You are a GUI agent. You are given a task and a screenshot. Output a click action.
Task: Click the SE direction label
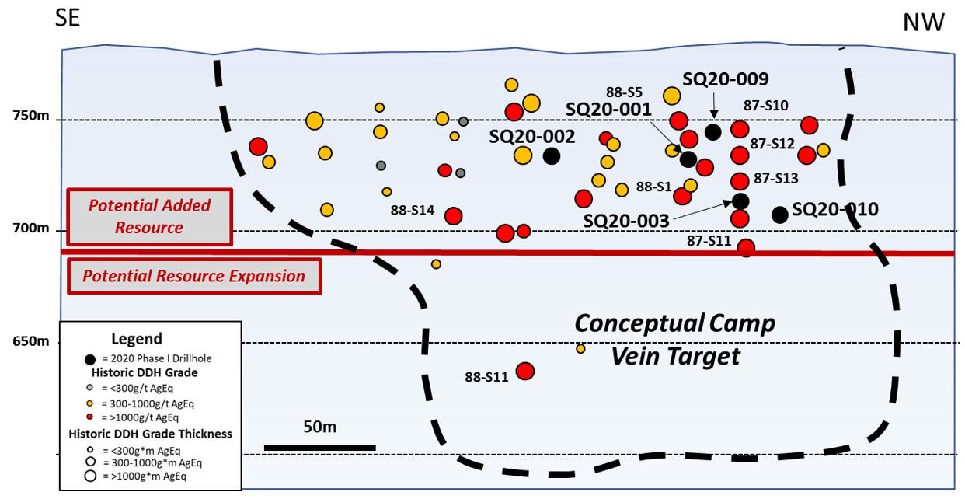tap(67, 18)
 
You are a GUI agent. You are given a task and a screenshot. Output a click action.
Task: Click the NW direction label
tap(924, 23)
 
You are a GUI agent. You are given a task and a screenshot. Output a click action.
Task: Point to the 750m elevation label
tap(30, 117)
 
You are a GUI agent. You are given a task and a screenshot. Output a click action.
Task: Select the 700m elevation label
tap(30, 229)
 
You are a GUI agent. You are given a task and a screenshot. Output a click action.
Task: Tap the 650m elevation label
tap(30, 342)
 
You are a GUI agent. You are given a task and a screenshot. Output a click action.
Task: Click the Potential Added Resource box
tap(149, 217)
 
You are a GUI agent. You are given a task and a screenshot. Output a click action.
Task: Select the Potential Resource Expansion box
tap(193, 276)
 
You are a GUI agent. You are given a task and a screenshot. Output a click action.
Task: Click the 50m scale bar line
tap(319, 447)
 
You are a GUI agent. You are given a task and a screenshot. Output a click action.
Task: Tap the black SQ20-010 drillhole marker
tap(780, 215)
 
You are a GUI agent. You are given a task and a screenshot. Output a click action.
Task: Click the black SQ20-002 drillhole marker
tap(552, 155)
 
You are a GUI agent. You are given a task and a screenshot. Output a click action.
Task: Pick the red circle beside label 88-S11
tap(525, 371)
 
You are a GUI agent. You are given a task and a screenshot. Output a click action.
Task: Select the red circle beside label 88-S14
tap(454, 216)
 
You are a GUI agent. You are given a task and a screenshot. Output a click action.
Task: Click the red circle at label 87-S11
tap(746, 248)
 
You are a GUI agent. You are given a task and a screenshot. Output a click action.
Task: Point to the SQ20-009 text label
tap(725, 79)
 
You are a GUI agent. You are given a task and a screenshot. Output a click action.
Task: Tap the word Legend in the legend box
tap(137, 339)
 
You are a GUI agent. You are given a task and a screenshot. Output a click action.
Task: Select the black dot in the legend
tap(90, 359)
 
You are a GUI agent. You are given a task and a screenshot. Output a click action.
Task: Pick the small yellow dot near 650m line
tap(580, 349)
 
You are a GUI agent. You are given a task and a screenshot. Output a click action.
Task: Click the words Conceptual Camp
tap(674, 323)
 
